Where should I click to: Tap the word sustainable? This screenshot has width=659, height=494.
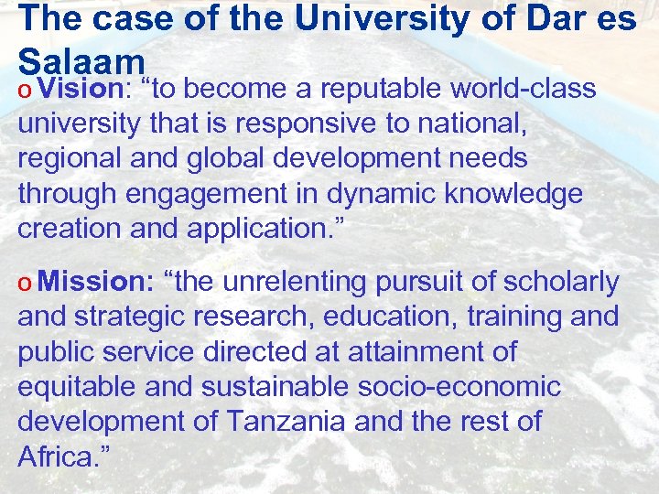tap(258, 386)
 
